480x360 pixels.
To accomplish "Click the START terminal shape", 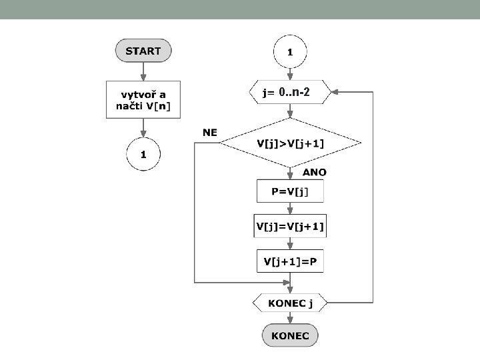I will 143,50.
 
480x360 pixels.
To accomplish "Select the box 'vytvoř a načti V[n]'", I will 143,99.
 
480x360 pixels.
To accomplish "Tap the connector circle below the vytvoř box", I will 143,155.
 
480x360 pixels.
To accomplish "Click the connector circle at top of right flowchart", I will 290,51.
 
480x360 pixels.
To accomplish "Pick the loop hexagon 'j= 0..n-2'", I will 290,93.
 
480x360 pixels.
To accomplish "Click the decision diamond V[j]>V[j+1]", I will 290,143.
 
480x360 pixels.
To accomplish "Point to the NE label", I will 210,133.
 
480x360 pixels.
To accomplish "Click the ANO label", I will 315,172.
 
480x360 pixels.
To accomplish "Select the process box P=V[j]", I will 290,192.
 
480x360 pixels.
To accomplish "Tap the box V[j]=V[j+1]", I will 290,226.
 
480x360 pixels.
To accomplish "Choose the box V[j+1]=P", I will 290,261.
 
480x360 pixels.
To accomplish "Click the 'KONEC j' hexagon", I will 290,303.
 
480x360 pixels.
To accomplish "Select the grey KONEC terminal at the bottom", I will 290,335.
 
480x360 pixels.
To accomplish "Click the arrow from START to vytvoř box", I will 143,71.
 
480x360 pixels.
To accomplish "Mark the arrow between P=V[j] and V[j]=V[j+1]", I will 290,208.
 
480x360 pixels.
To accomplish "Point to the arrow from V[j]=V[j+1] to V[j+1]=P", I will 290,243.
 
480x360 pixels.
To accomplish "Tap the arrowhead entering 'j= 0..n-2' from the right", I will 336,93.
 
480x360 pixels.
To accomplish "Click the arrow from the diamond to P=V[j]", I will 290,173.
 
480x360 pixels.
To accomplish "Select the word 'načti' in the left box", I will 131,105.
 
